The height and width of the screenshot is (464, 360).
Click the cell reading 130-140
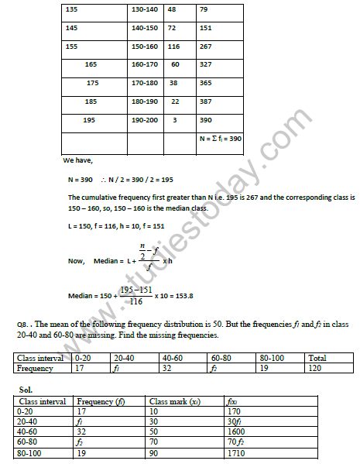[144, 10]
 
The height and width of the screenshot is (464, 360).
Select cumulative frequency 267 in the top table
[206, 46]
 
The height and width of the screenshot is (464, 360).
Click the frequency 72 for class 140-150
[172, 28]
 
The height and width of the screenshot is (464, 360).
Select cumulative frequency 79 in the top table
[204, 10]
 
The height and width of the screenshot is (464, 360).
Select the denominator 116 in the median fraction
[138, 303]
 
